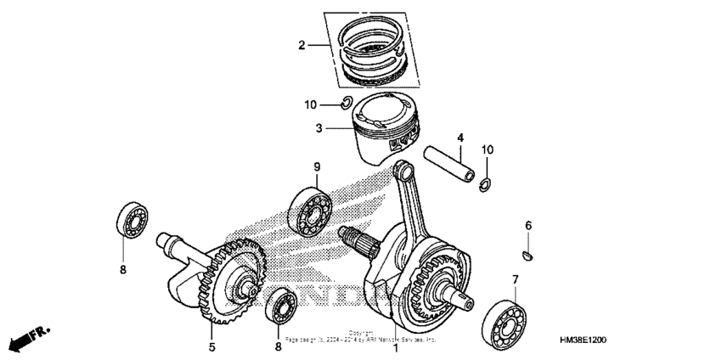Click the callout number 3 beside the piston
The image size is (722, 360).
click(319, 129)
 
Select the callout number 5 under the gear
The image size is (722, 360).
click(212, 346)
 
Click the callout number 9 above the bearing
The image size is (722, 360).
click(316, 166)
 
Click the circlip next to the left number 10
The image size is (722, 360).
click(343, 104)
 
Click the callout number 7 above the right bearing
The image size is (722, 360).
click(514, 279)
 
